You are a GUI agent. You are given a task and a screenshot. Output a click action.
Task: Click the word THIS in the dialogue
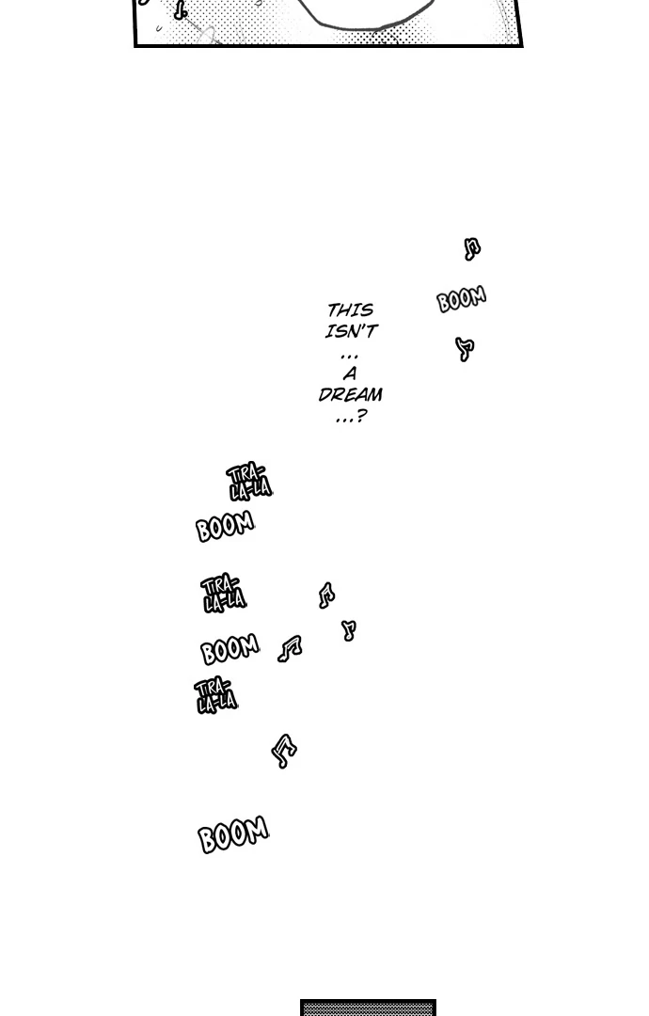tap(350, 310)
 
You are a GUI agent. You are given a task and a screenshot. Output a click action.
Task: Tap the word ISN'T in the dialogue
tap(351, 331)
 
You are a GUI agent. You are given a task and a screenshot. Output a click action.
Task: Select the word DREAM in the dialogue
tap(350, 395)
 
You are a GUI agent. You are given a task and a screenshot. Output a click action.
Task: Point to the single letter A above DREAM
tap(350, 373)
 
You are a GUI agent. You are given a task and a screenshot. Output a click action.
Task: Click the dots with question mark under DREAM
tap(350, 417)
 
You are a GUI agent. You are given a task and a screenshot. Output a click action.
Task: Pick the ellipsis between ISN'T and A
tap(349, 354)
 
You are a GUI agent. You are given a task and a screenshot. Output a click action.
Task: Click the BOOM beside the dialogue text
tap(461, 299)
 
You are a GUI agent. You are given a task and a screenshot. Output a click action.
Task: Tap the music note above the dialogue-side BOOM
tap(472, 248)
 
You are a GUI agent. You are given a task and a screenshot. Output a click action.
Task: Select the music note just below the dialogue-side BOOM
tap(464, 349)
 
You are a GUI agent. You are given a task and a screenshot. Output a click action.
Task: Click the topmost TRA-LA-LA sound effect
tap(248, 481)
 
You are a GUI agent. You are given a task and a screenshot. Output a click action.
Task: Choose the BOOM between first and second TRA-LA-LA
tap(225, 527)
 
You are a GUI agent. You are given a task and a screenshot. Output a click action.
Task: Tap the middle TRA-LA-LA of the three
tap(223, 593)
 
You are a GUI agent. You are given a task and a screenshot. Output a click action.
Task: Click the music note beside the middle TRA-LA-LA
tap(326, 595)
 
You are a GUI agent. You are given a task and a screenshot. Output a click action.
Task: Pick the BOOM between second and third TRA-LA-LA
tap(230, 649)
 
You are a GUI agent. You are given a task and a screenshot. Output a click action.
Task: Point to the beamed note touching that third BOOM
tap(290, 648)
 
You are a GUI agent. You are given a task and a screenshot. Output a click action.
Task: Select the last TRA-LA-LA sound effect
tap(216, 695)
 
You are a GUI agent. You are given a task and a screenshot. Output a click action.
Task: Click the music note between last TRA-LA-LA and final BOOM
tap(283, 751)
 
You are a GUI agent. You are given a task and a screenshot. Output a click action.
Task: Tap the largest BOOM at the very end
tap(233, 834)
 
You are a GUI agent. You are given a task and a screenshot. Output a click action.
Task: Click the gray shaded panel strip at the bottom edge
tap(368, 1008)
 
